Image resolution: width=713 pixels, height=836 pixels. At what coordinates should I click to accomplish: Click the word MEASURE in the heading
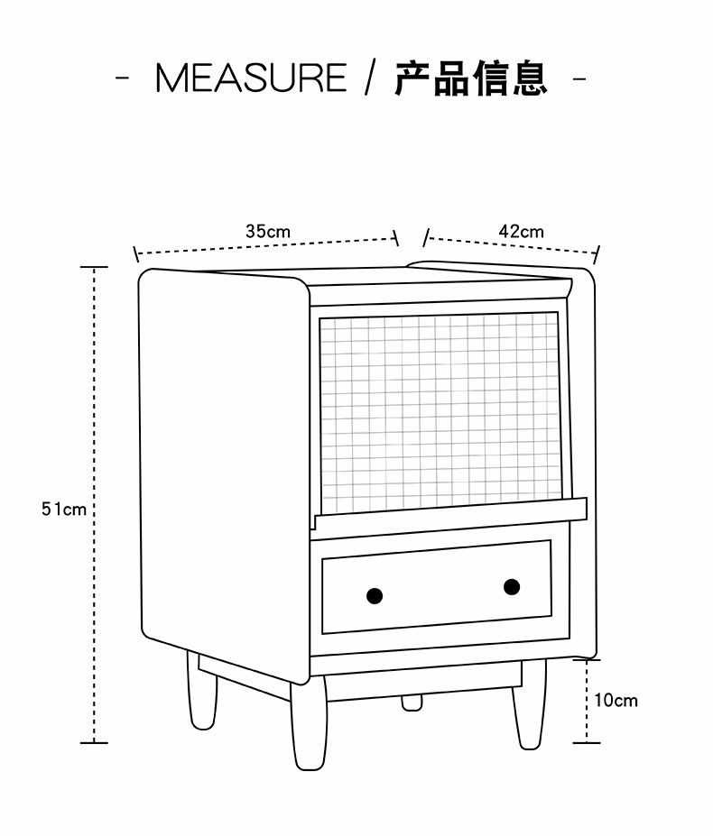(x=251, y=78)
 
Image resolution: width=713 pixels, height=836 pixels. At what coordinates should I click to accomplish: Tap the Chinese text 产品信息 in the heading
(x=470, y=78)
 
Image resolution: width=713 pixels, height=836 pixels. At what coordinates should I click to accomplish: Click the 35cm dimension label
(x=268, y=231)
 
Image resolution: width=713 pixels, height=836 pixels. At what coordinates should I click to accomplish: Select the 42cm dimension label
(x=522, y=231)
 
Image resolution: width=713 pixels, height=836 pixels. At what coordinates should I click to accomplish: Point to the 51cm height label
(x=63, y=509)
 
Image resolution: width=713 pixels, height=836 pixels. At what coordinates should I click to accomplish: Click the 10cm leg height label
(x=616, y=700)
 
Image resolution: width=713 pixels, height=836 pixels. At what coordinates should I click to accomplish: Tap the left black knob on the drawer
(x=375, y=595)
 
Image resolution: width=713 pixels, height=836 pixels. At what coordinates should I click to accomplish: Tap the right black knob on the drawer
(x=512, y=587)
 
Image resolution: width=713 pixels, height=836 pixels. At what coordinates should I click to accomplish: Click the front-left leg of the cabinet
(x=201, y=694)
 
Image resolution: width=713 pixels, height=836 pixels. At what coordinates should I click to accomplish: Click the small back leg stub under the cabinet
(x=412, y=702)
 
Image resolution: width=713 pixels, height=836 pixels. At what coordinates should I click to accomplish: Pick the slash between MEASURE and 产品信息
(x=368, y=78)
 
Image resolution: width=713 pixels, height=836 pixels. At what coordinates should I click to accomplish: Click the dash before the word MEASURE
(x=124, y=78)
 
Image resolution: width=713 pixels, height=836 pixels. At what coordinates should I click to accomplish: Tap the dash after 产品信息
(x=580, y=78)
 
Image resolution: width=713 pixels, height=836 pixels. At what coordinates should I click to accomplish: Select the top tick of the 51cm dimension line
(x=94, y=268)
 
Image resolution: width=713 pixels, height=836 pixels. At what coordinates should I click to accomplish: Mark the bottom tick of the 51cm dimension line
(x=94, y=743)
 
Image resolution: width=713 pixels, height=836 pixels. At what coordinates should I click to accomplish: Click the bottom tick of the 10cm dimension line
(x=587, y=742)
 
